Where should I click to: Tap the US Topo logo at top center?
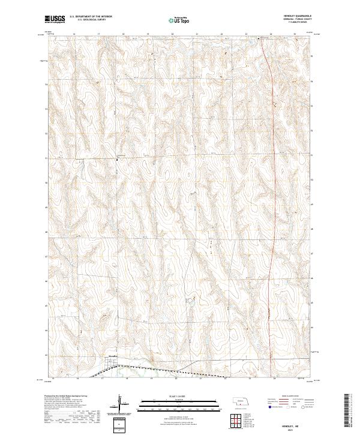click(179, 20)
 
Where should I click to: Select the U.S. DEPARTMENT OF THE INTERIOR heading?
click(91, 17)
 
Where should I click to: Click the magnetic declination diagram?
click(121, 402)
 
